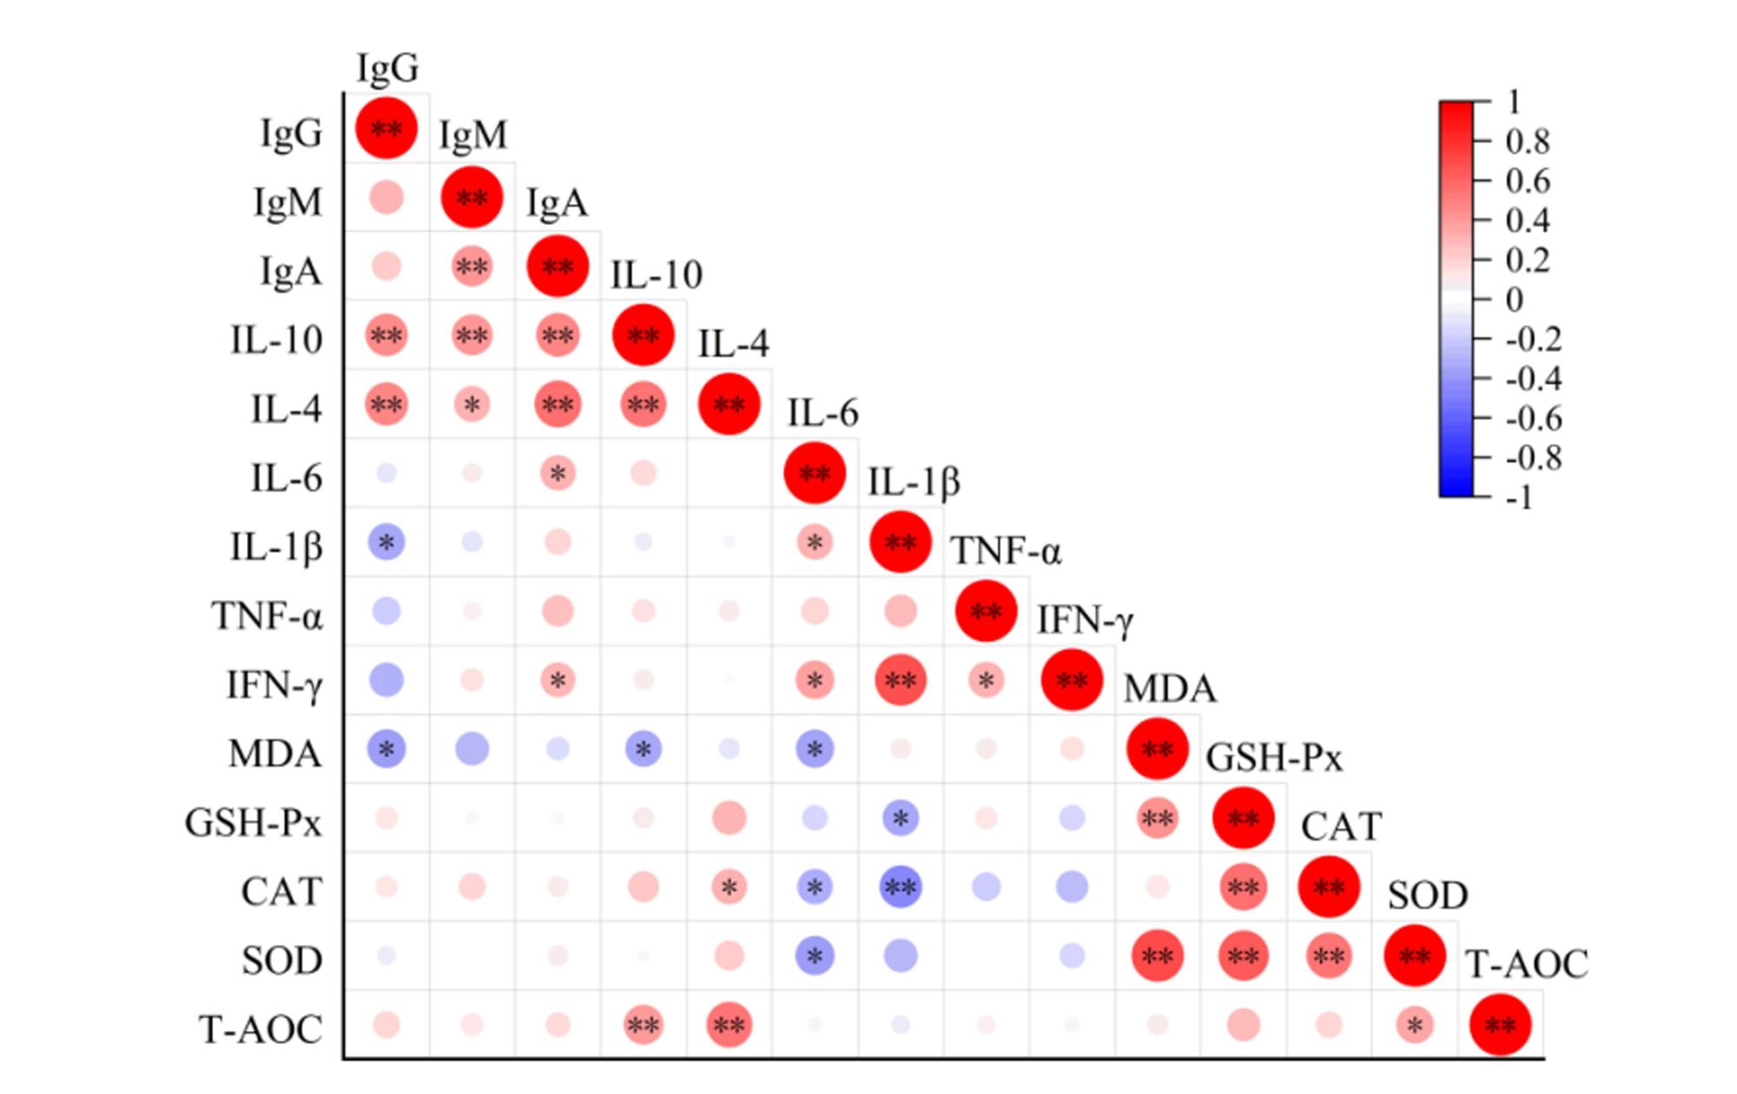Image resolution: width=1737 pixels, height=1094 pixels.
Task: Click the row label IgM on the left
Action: [x=287, y=201]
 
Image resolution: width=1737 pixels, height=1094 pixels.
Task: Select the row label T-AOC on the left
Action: [x=261, y=1030]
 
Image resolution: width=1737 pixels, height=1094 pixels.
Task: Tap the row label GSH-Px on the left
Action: [x=253, y=822]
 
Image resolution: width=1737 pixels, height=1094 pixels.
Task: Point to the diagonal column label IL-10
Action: [x=657, y=275]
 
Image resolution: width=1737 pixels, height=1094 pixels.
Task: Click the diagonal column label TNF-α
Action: [x=1006, y=551]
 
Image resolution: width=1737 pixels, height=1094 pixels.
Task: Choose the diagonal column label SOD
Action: [x=1428, y=895]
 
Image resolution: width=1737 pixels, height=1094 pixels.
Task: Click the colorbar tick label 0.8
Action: [x=1528, y=142]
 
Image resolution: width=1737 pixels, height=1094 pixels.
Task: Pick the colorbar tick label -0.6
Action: [x=1534, y=418]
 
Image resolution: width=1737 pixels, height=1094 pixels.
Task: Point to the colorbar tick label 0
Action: [x=1515, y=300]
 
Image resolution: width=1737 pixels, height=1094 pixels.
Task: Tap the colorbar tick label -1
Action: [x=1519, y=498]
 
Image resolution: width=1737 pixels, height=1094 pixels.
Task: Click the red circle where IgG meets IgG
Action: [x=386, y=129]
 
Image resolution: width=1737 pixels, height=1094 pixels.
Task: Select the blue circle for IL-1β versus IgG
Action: [x=386, y=543]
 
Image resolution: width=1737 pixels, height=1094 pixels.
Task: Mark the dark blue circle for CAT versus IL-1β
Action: [x=900, y=887]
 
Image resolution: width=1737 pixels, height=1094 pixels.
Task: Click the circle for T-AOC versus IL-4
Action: [x=729, y=1025]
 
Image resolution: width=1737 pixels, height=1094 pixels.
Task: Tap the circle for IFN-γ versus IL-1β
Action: [x=900, y=681]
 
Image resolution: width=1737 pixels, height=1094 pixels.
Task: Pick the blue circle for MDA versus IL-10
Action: [x=644, y=749]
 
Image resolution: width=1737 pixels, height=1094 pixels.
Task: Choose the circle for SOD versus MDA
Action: [x=1157, y=956]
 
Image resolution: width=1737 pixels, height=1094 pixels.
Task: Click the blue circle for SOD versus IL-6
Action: [x=815, y=956]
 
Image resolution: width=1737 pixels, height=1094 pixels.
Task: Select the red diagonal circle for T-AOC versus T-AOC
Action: [x=1500, y=1025]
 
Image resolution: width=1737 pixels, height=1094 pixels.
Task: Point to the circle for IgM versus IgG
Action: [x=386, y=197]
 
